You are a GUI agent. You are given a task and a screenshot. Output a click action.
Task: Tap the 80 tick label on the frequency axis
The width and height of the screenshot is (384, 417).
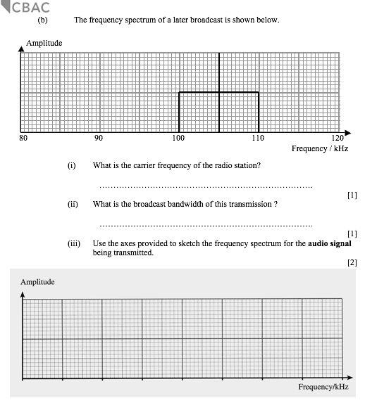point(23,139)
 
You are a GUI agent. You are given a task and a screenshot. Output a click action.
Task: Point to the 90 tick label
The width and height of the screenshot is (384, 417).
point(99,139)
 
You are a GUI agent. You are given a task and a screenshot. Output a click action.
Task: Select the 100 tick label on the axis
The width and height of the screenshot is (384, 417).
point(178,139)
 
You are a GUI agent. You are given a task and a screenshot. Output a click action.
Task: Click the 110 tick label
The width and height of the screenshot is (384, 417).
point(258,139)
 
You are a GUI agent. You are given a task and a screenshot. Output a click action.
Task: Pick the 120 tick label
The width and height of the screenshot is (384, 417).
point(337,139)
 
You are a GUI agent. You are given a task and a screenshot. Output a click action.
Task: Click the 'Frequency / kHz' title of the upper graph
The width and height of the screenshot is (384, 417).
point(319,149)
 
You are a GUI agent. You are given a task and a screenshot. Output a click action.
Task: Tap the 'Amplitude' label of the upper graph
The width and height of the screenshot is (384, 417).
point(44,44)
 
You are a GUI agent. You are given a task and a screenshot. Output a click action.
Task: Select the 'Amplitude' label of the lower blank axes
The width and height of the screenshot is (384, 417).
point(37,282)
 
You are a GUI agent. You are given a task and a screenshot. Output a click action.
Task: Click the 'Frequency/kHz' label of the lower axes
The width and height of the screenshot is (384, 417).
point(323,387)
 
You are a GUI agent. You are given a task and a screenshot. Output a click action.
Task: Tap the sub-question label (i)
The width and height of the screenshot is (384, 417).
point(71,166)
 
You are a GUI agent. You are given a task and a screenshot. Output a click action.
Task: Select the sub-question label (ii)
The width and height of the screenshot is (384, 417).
point(72,205)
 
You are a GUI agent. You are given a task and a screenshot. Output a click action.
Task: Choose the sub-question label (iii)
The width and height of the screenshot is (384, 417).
point(73,243)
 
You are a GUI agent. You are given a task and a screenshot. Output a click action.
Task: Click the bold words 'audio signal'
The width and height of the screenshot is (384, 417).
point(330,243)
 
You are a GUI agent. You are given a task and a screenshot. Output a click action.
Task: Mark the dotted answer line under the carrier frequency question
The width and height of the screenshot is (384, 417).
point(206,187)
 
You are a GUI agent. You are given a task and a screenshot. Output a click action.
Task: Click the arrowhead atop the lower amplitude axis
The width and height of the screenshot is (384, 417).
point(23,294)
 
